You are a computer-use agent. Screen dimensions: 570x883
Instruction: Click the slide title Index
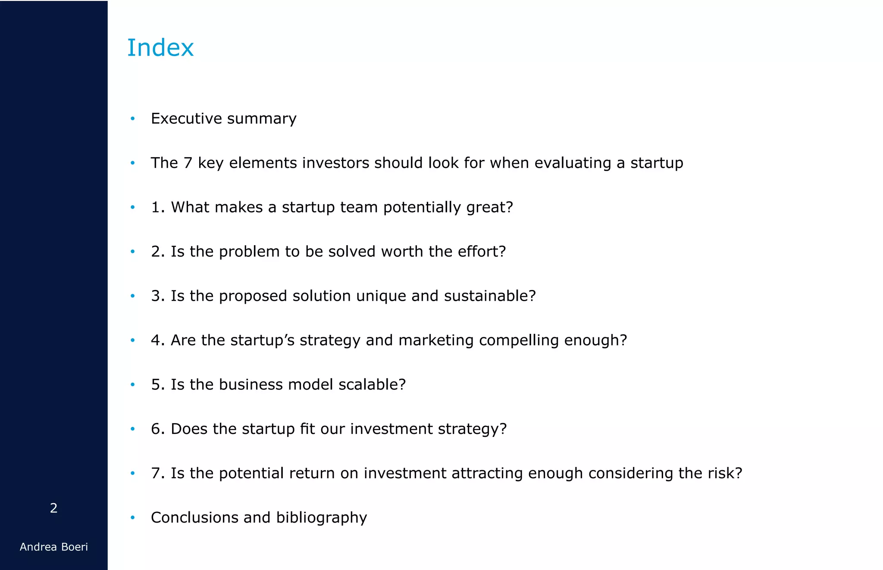(x=160, y=47)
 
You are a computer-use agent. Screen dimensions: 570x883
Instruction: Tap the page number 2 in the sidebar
(x=53, y=508)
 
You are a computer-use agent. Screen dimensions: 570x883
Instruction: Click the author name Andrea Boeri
(x=54, y=547)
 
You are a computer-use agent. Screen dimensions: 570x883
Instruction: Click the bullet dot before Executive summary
(x=133, y=118)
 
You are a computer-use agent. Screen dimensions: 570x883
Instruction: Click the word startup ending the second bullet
(x=657, y=163)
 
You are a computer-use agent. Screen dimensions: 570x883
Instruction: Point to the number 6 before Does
(x=155, y=429)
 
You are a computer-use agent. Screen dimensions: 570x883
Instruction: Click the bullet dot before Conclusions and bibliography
(x=133, y=517)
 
